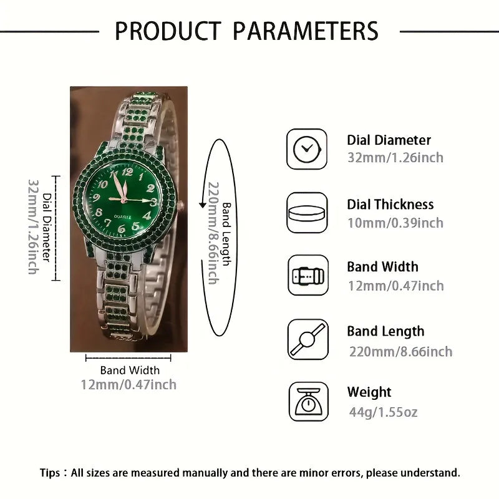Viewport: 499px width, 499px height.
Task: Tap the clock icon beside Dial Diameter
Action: coord(307,148)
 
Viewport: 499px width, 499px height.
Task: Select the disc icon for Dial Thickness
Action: coord(307,213)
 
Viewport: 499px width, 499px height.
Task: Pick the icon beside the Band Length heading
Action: coord(307,339)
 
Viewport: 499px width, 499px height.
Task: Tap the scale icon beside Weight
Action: coord(307,402)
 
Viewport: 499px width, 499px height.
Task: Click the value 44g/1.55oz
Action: coord(382,412)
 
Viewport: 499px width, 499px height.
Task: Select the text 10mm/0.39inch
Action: coord(395,223)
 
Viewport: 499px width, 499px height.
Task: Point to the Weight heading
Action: coord(369,392)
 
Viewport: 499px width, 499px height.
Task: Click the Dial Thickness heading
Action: coord(390,205)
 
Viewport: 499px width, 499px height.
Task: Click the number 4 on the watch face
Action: coord(148,215)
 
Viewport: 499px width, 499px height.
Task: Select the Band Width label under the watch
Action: coord(130,371)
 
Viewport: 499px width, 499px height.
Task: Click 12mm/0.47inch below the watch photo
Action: coord(128,384)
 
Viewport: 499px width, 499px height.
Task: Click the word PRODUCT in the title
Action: coord(168,31)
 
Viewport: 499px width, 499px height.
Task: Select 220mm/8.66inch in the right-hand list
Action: coord(400,351)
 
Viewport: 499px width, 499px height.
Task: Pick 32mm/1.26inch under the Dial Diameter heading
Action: coord(395,158)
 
